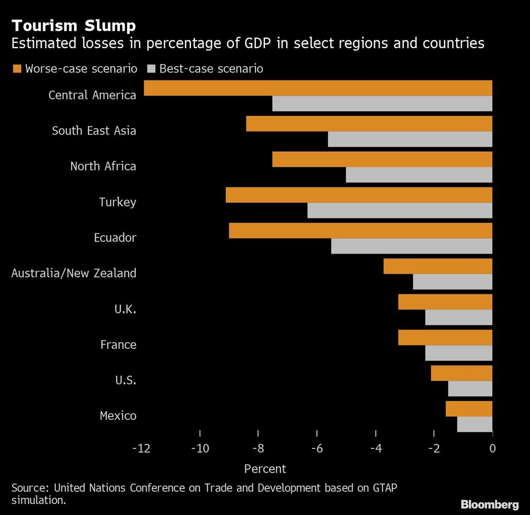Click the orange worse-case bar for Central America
click(318, 88)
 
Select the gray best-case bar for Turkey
click(400, 211)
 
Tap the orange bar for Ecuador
click(360, 231)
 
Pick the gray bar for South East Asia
click(410, 139)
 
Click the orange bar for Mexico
click(469, 409)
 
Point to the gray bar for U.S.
click(470, 389)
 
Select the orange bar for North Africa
click(382, 159)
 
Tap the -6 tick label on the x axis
click(317, 448)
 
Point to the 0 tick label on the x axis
click(492, 448)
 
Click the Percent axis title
click(265, 468)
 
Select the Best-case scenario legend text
click(211, 68)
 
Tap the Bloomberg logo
click(490, 504)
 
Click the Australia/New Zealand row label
click(74, 273)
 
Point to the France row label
click(118, 345)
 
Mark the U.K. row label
click(126, 309)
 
